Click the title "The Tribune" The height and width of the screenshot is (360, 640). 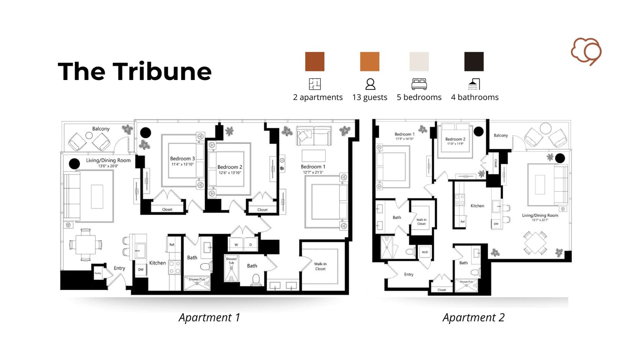(135, 71)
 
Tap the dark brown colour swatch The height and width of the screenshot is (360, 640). (315, 62)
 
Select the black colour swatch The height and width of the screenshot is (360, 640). (474, 62)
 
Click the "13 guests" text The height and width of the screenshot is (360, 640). (370, 97)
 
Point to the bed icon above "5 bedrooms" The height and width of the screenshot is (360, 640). (419, 84)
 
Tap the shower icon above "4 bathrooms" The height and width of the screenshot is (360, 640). (474, 84)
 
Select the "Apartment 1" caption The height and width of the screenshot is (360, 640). (209, 317)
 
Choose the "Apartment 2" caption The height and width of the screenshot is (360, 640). (473, 317)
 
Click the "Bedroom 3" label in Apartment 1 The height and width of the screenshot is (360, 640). (182, 158)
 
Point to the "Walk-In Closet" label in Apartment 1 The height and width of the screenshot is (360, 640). (320, 266)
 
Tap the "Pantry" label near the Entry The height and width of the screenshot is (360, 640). (98, 273)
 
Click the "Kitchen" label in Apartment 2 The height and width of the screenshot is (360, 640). (477, 206)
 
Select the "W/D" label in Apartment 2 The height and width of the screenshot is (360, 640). (425, 252)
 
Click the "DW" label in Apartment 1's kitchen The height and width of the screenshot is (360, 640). (141, 270)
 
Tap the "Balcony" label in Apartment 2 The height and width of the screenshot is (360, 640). (501, 135)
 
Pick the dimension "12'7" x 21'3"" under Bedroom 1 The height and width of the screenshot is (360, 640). (313, 172)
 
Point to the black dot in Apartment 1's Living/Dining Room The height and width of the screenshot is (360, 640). (74, 164)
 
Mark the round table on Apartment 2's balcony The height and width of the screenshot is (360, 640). (545, 128)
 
